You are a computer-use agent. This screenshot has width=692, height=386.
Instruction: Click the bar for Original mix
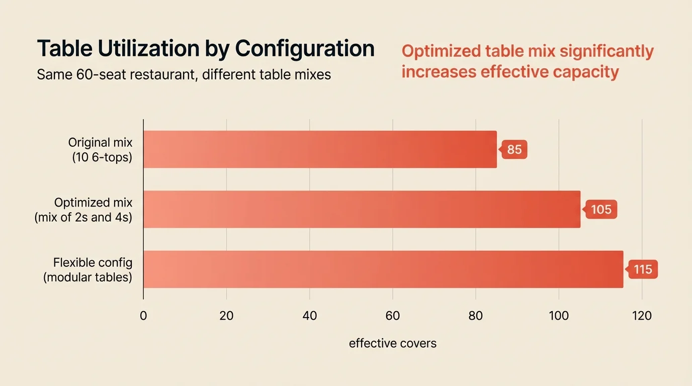[320, 149]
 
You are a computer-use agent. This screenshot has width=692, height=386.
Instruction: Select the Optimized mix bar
[362, 209]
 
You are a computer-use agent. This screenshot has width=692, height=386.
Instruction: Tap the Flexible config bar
[383, 269]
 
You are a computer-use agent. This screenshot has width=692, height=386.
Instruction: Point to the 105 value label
[600, 209]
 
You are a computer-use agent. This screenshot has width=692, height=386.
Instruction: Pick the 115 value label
[643, 269]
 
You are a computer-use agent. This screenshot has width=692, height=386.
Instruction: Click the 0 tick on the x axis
[143, 316]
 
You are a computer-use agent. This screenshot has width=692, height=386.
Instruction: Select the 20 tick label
[226, 316]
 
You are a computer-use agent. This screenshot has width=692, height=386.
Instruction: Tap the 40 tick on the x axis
[309, 316]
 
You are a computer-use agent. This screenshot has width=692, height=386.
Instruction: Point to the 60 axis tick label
[392, 316]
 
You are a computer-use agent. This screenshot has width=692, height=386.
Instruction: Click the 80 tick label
[475, 316]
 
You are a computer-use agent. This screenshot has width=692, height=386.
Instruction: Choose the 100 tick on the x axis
[558, 316]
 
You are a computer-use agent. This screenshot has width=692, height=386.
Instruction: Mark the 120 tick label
[641, 316]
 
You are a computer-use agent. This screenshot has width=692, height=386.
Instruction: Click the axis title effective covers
[392, 343]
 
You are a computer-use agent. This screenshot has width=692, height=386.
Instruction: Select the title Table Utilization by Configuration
[206, 49]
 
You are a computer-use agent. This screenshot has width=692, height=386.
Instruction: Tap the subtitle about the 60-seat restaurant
[184, 75]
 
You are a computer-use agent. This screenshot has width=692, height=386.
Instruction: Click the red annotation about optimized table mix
[527, 61]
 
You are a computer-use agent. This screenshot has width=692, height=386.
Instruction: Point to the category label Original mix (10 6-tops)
[100, 150]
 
